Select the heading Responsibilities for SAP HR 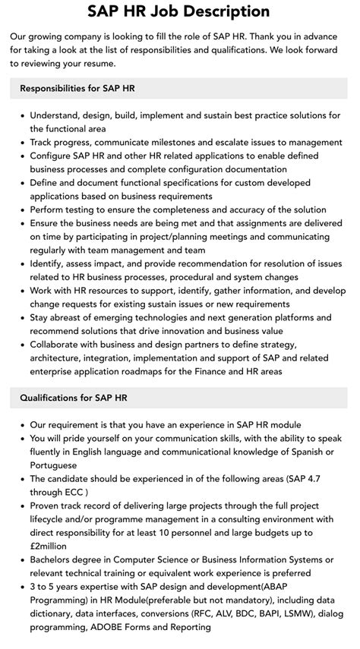pyautogui.click(x=78, y=88)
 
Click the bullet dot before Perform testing pyautogui.click(x=20, y=210)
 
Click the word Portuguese pyautogui.click(x=54, y=465)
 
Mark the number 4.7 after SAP pyautogui.click(x=324, y=479)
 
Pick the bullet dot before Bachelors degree pyautogui.click(x=20, y=560)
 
